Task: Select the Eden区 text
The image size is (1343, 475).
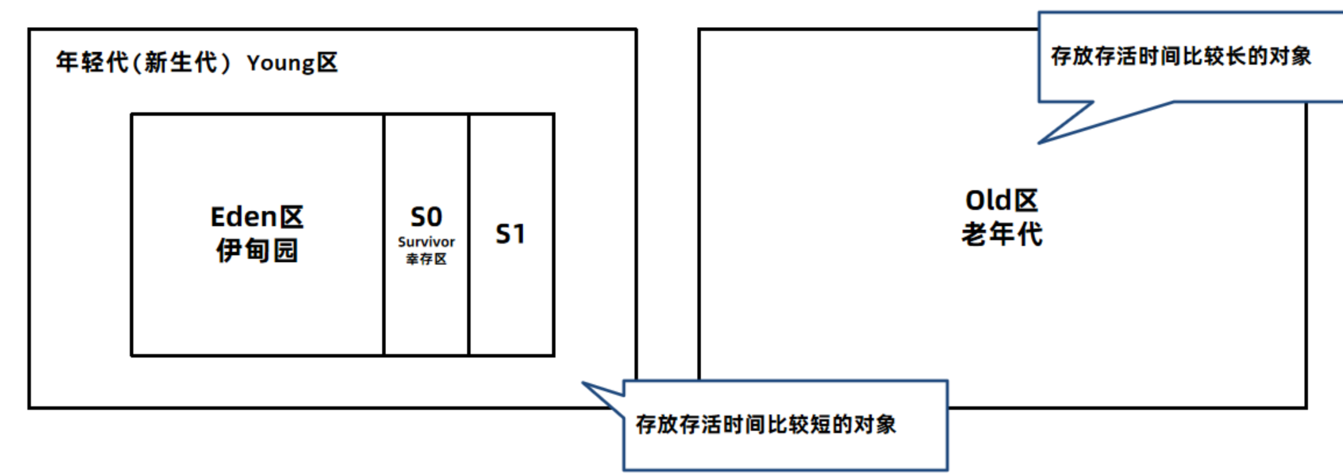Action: coord(257,217)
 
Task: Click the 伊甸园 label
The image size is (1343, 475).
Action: coord(257,250)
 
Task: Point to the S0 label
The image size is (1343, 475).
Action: coord(426,217)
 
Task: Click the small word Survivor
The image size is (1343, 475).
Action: coord(426,242)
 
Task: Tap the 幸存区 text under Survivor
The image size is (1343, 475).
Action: coord(426,259)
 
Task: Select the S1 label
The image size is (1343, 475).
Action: coord(510,234)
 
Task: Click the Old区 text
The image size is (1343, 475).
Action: coord(1001,200)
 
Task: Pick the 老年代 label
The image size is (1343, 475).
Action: coord(1001,234)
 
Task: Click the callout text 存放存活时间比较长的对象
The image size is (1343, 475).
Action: coord(1181,56)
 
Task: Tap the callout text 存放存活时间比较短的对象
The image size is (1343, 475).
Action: coord(766,424)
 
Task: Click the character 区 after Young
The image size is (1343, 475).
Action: coord(327,63)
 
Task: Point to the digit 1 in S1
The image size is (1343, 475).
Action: coord(518,234)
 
